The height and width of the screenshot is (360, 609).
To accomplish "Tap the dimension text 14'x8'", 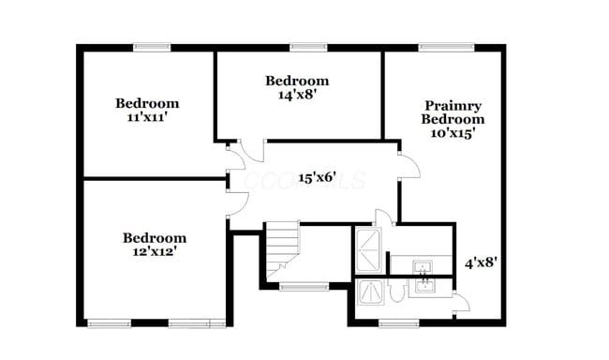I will pyautogui.click(x=296, y=95).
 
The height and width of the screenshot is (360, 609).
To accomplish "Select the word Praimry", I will pyautogui.click(x=453, y=106).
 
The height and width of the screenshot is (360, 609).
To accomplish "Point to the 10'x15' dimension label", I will pyautogui.click(x=453, y=133).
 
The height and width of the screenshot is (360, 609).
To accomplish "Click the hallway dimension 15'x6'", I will pyautogui.click(x=318, y=177).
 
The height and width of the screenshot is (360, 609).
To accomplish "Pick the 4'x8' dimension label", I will pyautogui.click(x=481, y=262).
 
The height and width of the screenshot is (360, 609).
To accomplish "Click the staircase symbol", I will pyautogui.click(x=280, y=249).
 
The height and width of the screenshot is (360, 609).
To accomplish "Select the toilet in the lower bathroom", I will pyautogui.click(x=395, y=293).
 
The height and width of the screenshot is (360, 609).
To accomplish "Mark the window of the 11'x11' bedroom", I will pyautogui.click(x=151, y=47).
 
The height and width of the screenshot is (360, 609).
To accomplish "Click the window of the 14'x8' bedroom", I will pyautogui.click(x=306, y=47).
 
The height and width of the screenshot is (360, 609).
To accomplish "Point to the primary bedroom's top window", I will pyautogui.click(x=438, y=47).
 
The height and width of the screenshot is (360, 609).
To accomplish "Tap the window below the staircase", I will pyautogui.click(x=304, y=286).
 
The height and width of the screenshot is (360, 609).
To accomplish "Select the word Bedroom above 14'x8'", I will pyautogui.click(x=296, y=81).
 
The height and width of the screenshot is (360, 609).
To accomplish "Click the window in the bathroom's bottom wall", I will pyautogui.click(x=397, y=324).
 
